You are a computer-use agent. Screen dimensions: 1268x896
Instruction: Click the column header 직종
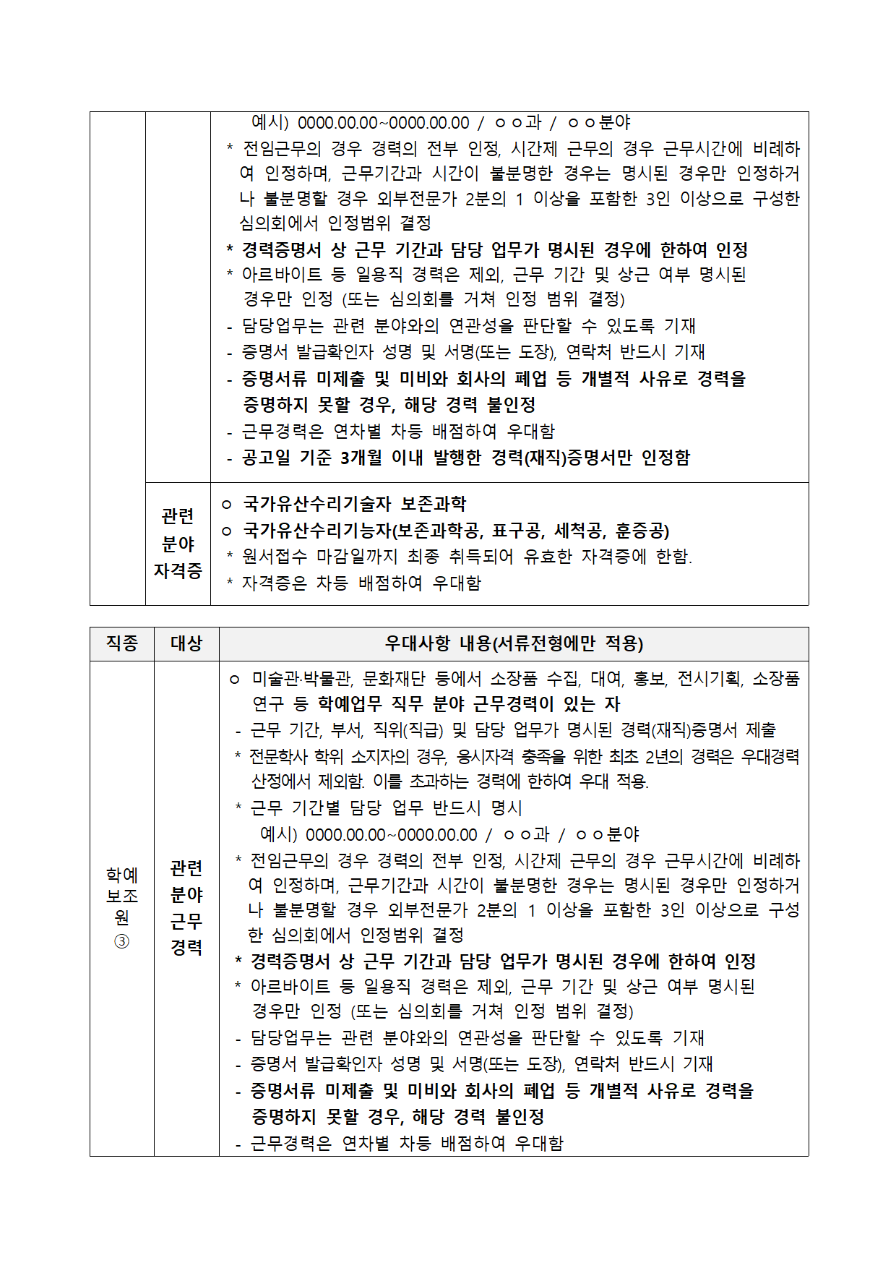tap(121, 643)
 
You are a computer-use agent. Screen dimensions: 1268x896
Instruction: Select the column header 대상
tap(186, 643)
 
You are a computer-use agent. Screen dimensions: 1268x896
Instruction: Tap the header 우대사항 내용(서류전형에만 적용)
tap(513, 643)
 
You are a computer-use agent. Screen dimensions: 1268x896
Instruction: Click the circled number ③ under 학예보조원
tap(121, 941)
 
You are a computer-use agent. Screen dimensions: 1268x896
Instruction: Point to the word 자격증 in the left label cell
tap(178, 571)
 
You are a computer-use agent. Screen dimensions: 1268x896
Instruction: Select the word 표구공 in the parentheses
tap(518, 531)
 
